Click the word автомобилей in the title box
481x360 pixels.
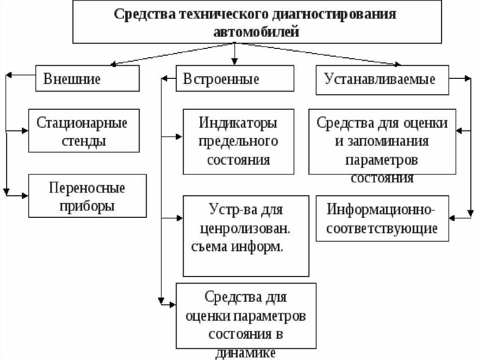(256, 32)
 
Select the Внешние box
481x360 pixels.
(88, 78)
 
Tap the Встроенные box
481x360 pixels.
(235, 78)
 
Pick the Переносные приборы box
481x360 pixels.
(87, 196)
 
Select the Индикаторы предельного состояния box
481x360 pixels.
(238, 141)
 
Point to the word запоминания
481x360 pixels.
(382, 142)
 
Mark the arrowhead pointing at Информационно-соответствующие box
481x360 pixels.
(453, 218)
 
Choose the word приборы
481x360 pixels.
(87, 206)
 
